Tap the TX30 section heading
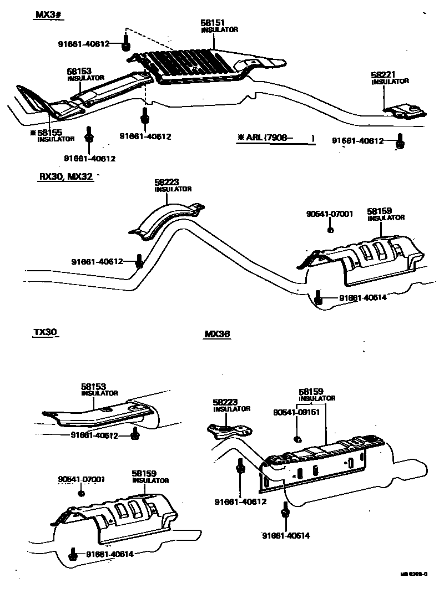(45, 332)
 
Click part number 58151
(214, 23)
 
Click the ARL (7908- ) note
(275, 138)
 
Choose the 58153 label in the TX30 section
(94, 386)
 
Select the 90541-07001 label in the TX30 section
(82, 479)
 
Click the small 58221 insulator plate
(407, 111)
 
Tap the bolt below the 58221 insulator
(400, 144)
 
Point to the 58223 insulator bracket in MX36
(229, 429)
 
